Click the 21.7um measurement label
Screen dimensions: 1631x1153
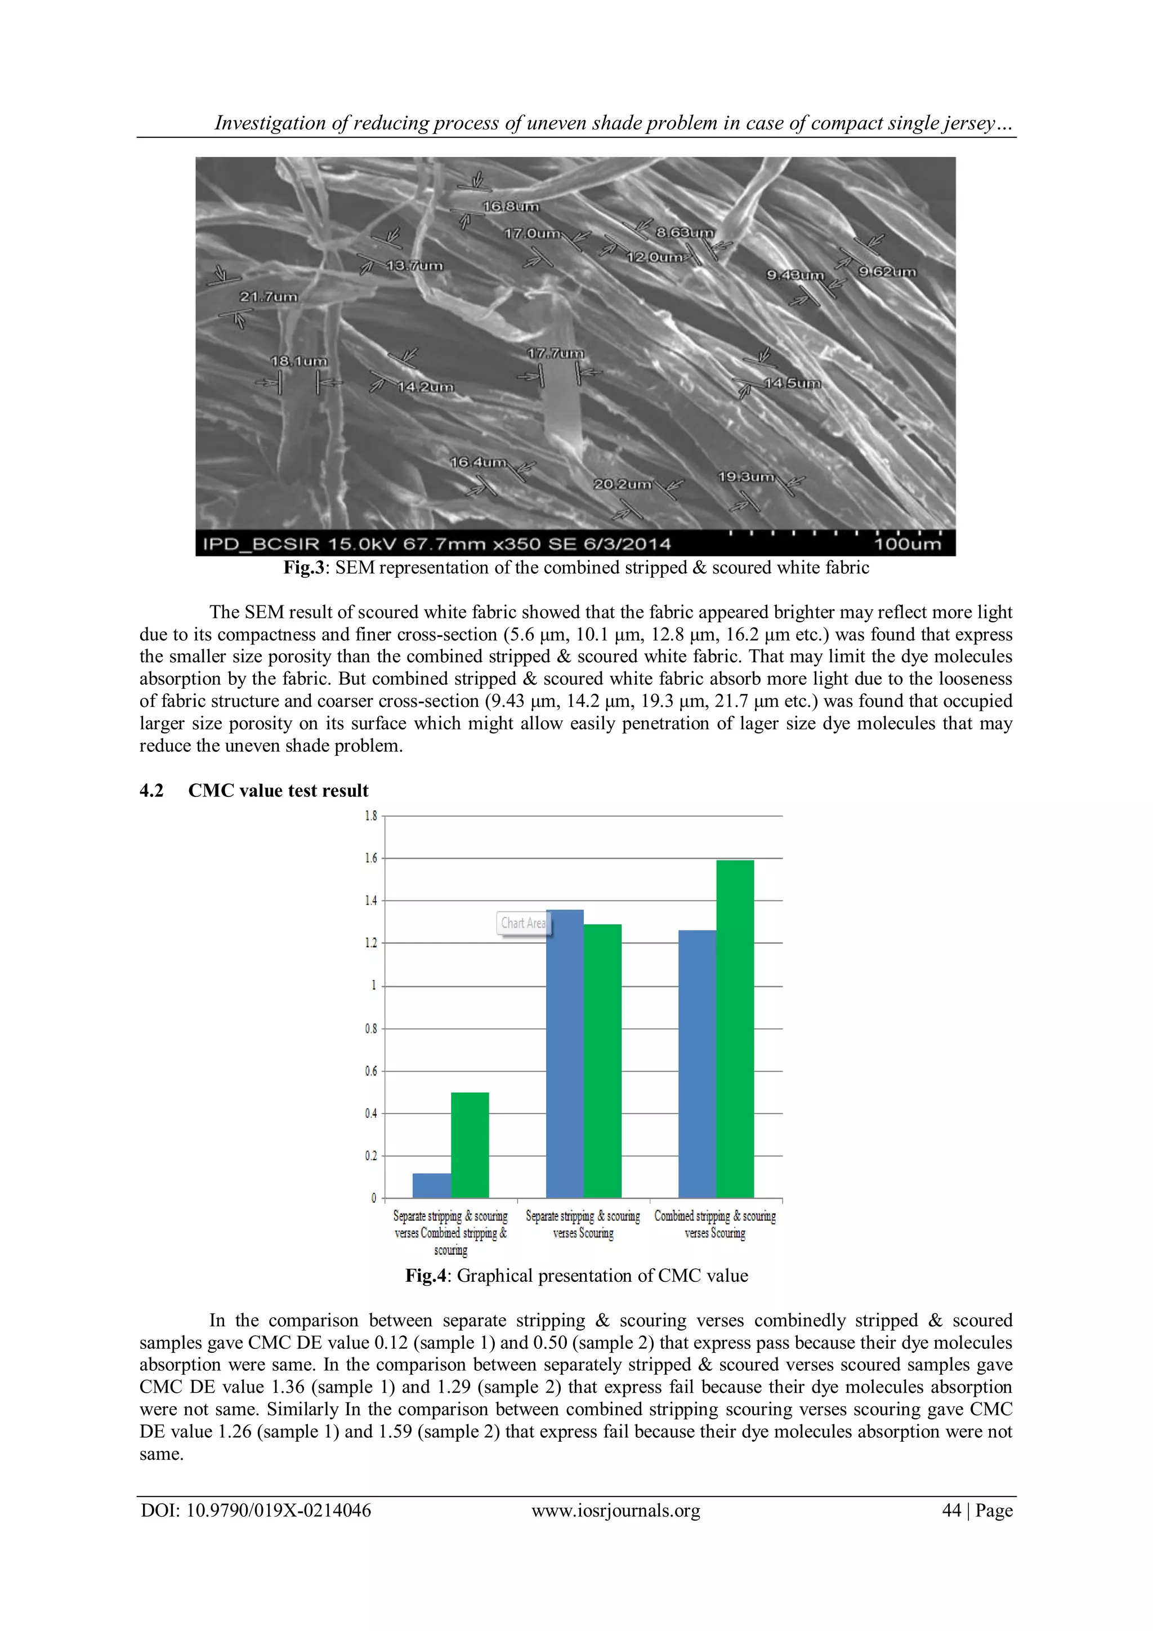(269, 296)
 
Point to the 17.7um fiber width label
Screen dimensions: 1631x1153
(555, 353)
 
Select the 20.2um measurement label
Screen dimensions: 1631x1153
(622, 484)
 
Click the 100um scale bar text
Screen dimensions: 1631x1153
(908, 544)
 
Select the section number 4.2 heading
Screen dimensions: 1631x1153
(151, 791)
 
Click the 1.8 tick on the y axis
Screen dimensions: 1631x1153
(370, 816)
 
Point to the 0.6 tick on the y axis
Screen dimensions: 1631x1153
(370, 1071)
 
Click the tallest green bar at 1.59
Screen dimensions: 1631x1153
(735, 1030)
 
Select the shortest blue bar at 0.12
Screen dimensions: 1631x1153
(432, 1186)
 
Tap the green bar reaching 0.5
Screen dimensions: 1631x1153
(470, 1145)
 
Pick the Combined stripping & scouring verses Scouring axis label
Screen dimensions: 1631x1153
(715, 1225)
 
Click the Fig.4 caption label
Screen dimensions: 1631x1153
(426, 1276)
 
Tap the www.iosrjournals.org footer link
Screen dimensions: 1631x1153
(615, 1510)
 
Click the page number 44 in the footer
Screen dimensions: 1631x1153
(951, 1510)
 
